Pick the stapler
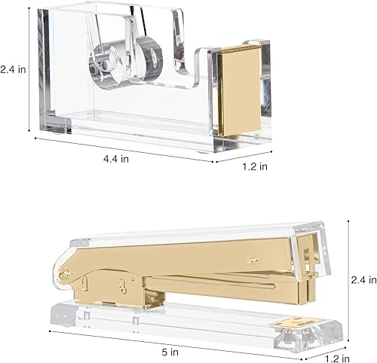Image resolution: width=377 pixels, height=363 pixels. tap(188, 279)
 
